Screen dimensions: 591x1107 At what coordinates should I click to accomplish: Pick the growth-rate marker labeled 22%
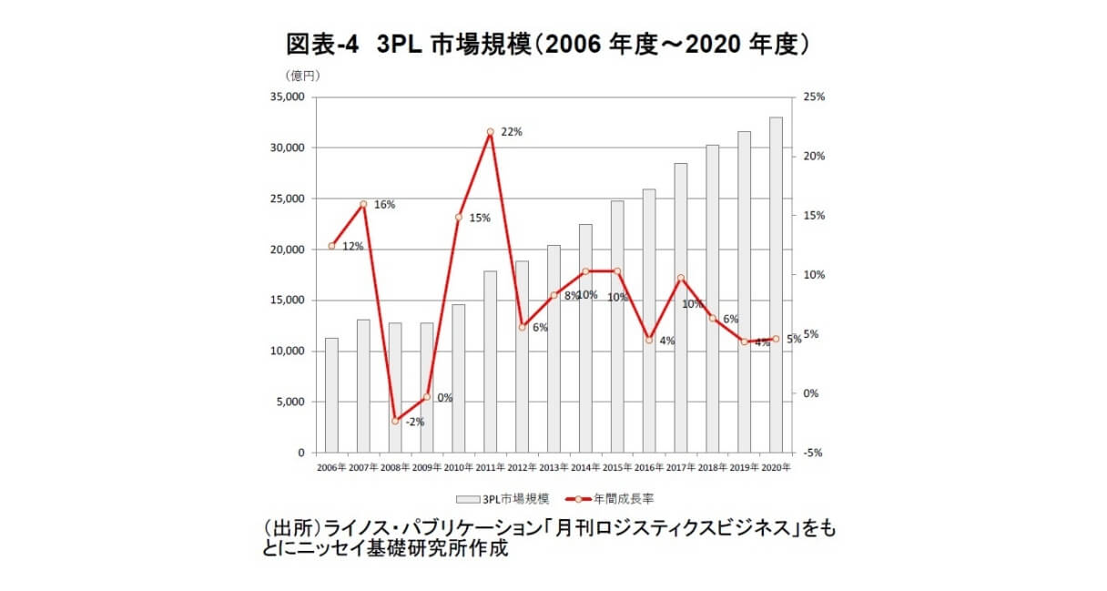pos(490,132)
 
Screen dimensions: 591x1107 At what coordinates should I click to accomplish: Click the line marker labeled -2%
pos(395,421)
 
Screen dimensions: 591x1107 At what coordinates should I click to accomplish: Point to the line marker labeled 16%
pos(363,204)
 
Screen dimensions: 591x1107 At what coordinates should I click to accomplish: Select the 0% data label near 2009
pos(444,398)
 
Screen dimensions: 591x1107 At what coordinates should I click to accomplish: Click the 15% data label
pos(480,218)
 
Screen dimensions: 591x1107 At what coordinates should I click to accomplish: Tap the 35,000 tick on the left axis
pos(287,97)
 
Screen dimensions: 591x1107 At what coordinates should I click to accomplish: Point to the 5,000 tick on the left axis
pos(290,402)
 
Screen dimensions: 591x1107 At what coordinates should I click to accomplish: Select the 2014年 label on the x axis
pos(585,467)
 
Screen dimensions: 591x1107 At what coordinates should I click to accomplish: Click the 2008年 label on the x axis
pos(395,467)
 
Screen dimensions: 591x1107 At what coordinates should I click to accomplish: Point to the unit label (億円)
pos(299,75)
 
